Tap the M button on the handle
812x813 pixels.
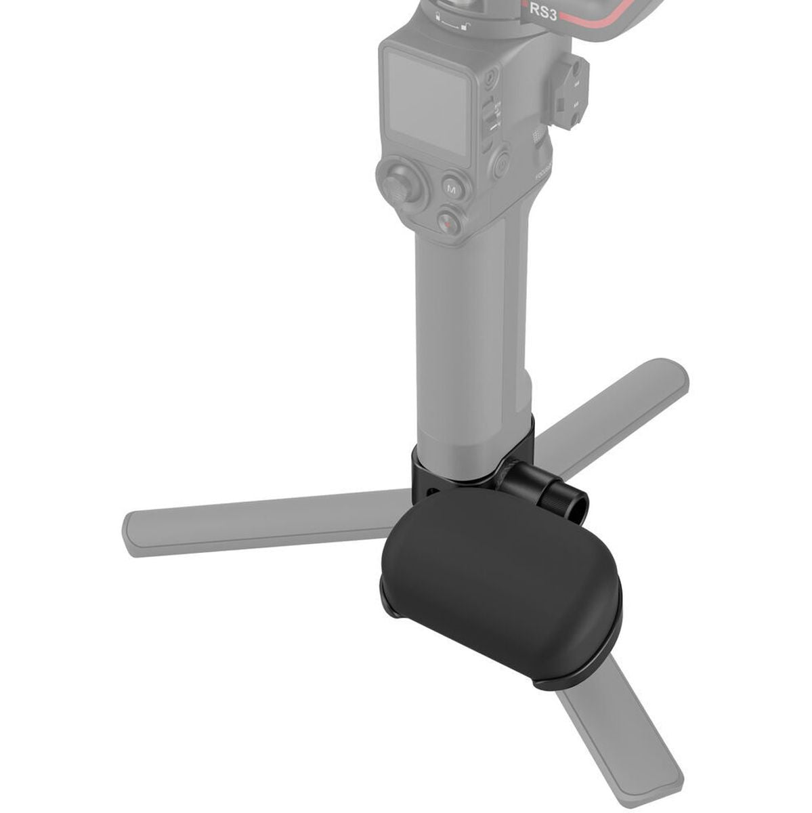(452, 188)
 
